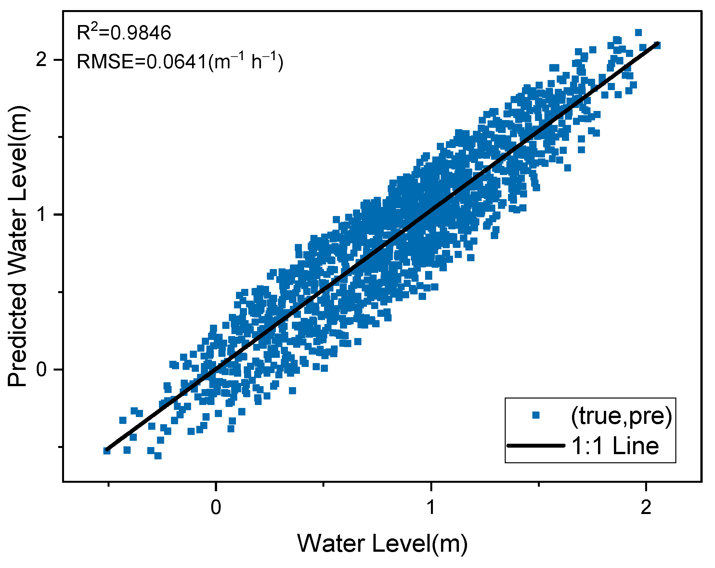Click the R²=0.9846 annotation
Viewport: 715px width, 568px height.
[124, 33]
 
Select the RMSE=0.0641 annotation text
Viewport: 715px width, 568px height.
[180, 61]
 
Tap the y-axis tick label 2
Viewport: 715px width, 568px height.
[41, 60]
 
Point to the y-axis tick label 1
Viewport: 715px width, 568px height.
[41, 214]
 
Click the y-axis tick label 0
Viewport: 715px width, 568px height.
[41, 369]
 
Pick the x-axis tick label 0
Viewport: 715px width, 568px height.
[216, 507]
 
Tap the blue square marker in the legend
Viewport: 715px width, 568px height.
[536, 415]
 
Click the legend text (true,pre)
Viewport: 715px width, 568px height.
[621, 416]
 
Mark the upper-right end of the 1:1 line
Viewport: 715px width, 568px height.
[657, 44]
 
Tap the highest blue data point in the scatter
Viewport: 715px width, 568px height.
[638, 33]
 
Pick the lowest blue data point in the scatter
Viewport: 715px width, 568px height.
[158, 456]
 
